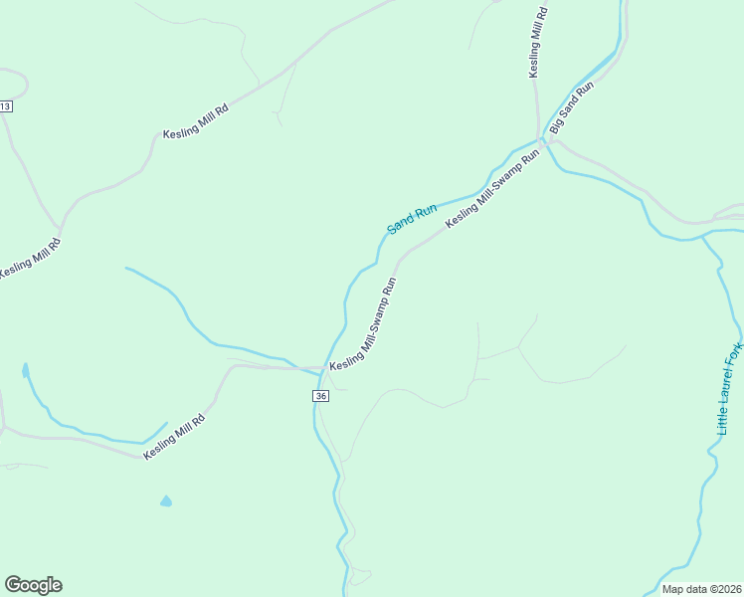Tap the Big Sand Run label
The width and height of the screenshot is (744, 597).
(x=571, y=108)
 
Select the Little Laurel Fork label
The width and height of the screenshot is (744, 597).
(x=730, y=388)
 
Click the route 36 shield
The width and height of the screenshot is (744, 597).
(x=319, y=396)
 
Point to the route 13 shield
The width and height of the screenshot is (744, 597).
(x=5, y=106)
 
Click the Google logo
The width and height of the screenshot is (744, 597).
(x=33, y=585)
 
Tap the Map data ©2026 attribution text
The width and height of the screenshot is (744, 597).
(x=702, y=588)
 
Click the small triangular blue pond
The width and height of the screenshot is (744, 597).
(x=166, y=501)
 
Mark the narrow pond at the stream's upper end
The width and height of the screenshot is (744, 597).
(x=24, y=372)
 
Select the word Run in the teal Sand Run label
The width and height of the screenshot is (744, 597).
(x=427, y=210)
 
